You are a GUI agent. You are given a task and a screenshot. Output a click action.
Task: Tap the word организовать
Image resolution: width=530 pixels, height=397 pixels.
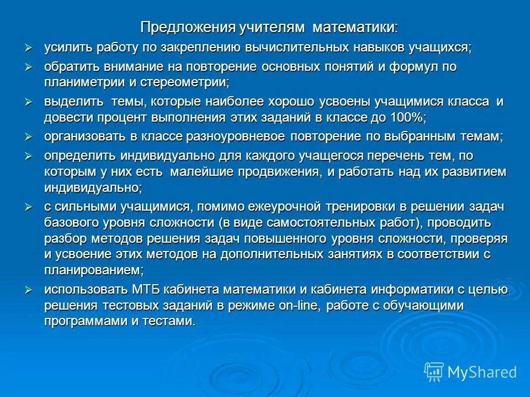pyautogui.click(x=85, y=137)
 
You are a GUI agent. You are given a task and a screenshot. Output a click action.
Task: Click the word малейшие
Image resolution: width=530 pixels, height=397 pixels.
pyautogui.click(x=203, y=172)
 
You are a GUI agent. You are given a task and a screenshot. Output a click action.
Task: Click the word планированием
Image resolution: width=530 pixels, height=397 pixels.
pyautogui.click(x=93, y=270)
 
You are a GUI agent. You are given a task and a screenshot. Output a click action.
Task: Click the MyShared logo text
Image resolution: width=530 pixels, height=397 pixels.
pyautogui.click(x=482, y=372)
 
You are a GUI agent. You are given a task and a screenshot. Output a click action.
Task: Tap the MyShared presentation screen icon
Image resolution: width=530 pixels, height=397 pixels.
pyautogui.click(x=433, y=371)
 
